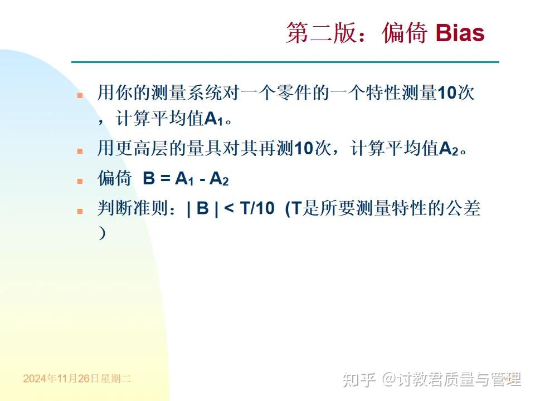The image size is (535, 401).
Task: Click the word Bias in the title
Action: [x=460, y=33]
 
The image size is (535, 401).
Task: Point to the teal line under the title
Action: [x=285, y=62]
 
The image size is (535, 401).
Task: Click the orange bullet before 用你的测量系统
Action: [x=80, y=95]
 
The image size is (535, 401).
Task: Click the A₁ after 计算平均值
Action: [x=213, y=119]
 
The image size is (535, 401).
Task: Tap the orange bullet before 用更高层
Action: [x=80, y=151]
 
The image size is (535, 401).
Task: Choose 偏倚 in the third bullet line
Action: [x=114, y=179]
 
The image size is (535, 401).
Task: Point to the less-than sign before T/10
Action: [x=228, y=209]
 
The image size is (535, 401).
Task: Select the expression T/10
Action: [x=257, y=209]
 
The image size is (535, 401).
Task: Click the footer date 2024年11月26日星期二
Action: [x=77, y=379]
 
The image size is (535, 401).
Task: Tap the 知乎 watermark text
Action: [x=359, y=380]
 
